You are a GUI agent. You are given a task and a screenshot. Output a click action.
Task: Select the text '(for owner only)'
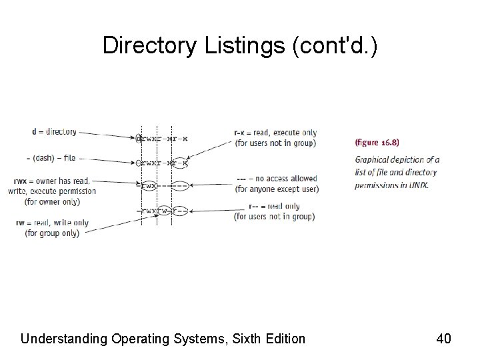click(x=52, y=201)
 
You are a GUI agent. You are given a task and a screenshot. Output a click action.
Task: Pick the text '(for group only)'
click(x=52, y=233)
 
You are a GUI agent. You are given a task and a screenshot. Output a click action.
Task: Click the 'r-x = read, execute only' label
click(x=275, y=133)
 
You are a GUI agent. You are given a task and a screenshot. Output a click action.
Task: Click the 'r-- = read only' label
click(x=274, y=206)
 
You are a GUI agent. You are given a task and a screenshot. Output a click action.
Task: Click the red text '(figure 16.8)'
click(x=377, y=142)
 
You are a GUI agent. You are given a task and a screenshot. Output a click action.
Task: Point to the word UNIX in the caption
click(x=418, y=185)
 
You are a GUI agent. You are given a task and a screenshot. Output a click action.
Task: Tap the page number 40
click(x=443, y=339)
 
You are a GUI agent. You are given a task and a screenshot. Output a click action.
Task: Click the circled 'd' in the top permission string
click(x=138, y=139)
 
